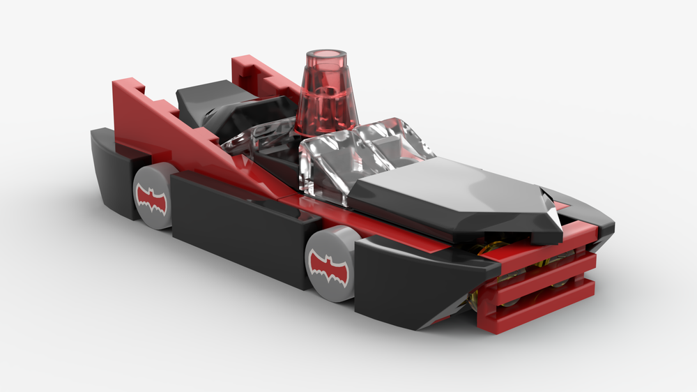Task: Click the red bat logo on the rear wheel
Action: pyautogui.click(x=152, y=199)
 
